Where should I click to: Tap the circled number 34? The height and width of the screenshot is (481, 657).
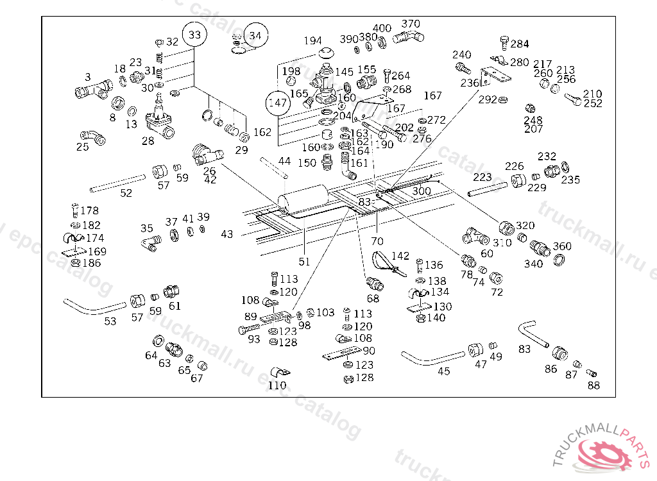255,36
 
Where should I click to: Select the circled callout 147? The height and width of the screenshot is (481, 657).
278,103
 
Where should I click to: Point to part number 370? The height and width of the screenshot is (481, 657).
411,24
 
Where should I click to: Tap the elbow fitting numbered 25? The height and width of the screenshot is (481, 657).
92,137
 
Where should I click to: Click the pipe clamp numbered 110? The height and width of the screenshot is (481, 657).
278,372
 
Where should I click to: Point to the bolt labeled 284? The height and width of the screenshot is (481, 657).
504,43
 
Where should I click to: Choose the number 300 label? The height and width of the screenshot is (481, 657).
421,191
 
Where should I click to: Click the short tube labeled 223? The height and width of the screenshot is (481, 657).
488,190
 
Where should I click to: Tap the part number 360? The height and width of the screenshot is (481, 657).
562,246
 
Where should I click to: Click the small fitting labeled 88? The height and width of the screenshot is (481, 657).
592,373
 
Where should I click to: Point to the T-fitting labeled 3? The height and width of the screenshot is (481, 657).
92,90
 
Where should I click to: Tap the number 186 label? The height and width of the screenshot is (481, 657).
90,263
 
